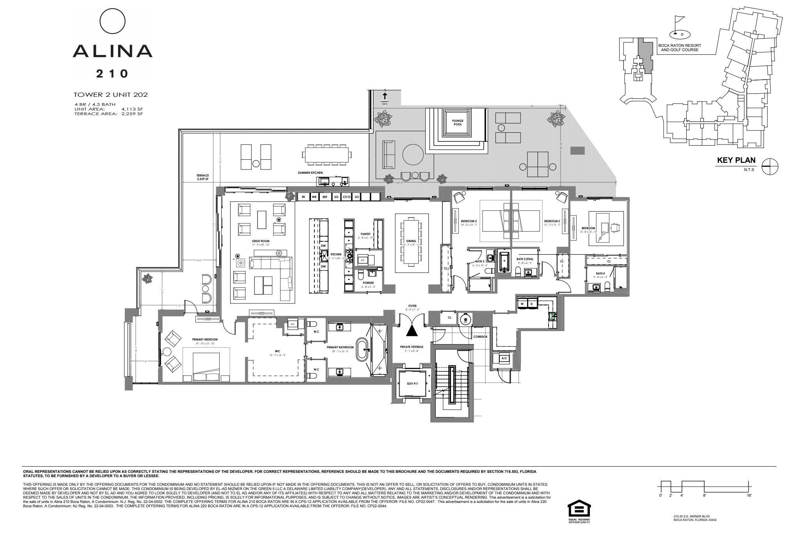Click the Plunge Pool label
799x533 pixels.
pos(457,123)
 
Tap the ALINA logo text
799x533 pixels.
pos(112,51)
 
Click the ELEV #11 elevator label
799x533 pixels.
pos(412,383)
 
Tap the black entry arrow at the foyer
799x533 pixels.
pos(412,331)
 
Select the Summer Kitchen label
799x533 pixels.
pos(310,173)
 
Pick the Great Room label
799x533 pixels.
pos(261,241)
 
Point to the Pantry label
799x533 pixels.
pos(365,234)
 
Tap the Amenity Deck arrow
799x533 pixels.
pos(385,96)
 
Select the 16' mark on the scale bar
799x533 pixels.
pos(749,495)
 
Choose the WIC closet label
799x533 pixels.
pos(277,351)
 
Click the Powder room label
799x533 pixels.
pos(368,283)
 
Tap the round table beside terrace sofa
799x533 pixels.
pos(413,155)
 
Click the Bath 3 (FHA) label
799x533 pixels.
pos(525,259)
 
